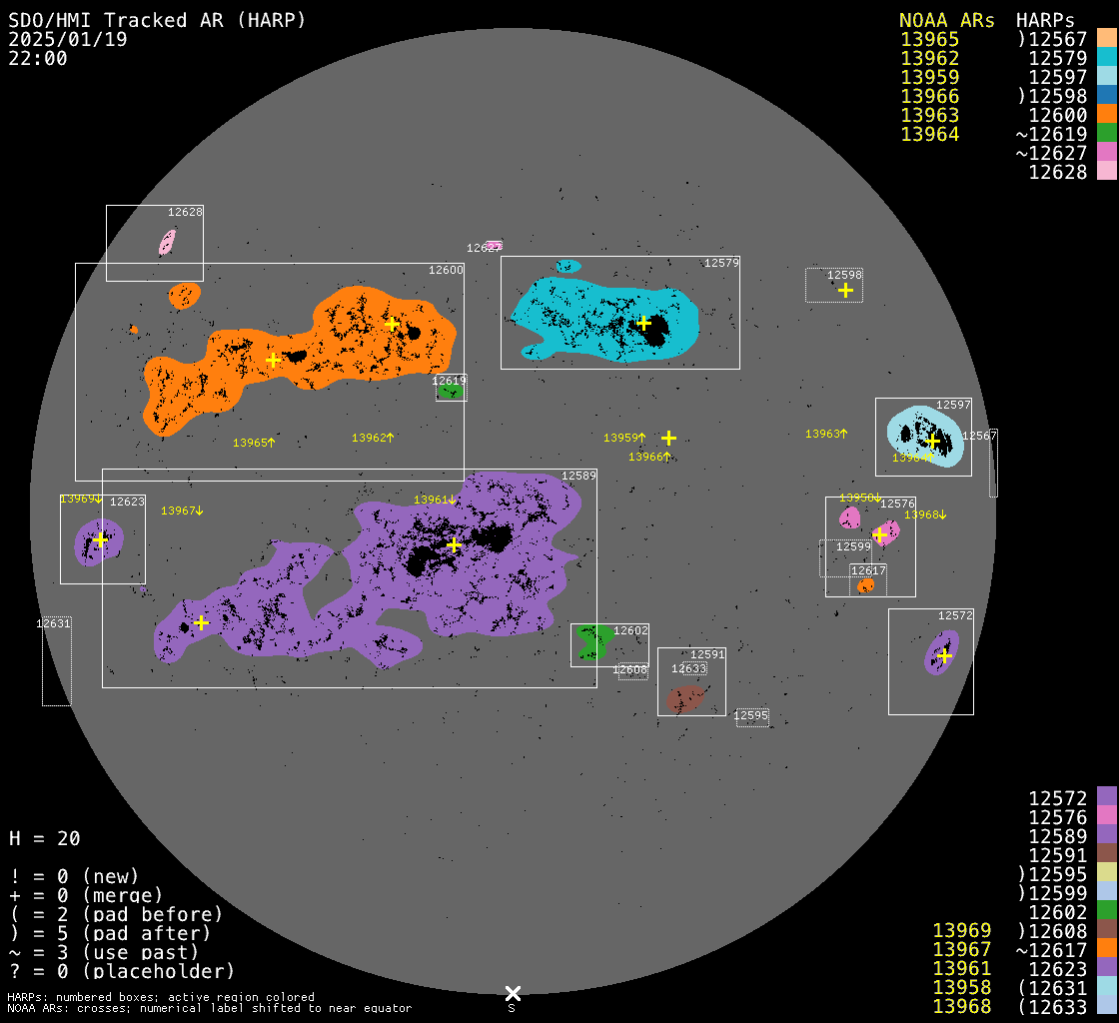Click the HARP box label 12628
[x=185, y=212]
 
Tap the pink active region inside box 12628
[x=167, y=242]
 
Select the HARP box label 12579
[x=721, y=263]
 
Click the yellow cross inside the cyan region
[x=643, y=323]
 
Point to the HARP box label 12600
[x=446, y=270]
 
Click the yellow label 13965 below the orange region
[x=254, y=443]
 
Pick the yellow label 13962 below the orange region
[x=373, y=438]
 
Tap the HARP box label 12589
[x=578, y=477]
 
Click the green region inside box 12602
[x=595, y=642]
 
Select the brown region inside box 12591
[x=686, y=697]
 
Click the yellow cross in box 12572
[x=944, y=655]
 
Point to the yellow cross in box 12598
[x=845, y=290]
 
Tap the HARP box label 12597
[x=953, y=406]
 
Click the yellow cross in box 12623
[x=100, y=539]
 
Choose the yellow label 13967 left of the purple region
[x=182, y=511]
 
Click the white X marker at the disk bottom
[x=513, y=993]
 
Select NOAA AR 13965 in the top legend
[x=929, y=40]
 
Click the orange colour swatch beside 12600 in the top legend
[x=1106, y=115]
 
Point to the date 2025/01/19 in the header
[x=68, y=40]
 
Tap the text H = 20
[x=44, y=838]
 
